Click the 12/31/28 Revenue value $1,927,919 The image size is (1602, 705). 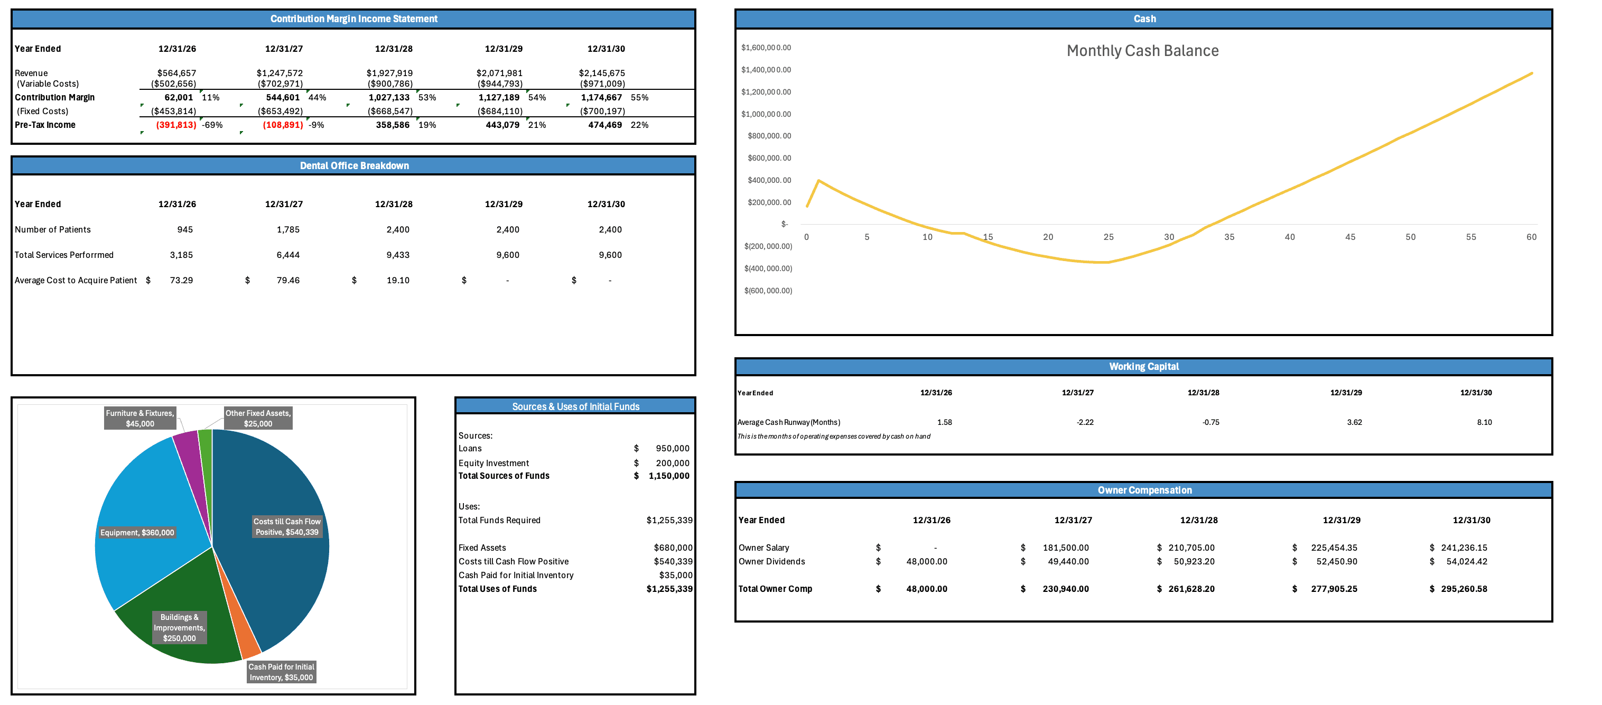pos(389,73)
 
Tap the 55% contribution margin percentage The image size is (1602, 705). pos(639,98)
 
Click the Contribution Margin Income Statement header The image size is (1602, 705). pos(353,18)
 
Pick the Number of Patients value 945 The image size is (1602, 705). pos(185,229)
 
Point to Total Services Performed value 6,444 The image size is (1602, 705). pos(288,255)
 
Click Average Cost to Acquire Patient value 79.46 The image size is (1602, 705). pos(288,281)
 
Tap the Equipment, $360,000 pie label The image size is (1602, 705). pos(137,533)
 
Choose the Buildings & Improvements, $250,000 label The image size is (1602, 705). pos(179,627)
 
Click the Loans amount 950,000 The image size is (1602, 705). pos(672,449)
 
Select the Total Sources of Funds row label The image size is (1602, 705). pos(504,476)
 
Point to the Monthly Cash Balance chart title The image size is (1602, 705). pos(1142,51)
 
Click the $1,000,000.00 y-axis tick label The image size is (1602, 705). pos(766,114)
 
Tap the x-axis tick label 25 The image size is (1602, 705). pos(1108,237)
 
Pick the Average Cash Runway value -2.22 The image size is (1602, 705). pos(1085,422)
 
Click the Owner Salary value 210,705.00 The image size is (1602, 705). pos(1191,548)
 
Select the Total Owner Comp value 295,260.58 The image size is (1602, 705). pos(1464,589)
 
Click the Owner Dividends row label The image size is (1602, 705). pos(771,561)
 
